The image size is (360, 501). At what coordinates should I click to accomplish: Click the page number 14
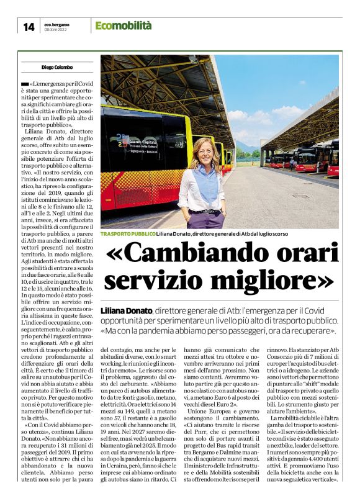[x=29, y=27]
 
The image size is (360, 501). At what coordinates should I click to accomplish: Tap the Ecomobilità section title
[x=124, y=25]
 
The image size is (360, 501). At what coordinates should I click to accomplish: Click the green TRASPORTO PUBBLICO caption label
[x=127, y=234]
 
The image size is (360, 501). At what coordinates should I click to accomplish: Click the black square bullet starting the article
[x=24, y=83]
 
